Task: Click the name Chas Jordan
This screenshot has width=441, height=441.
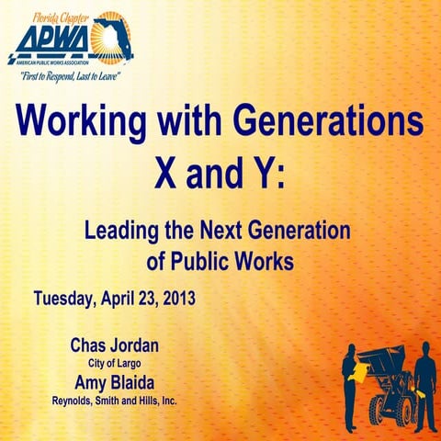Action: tap(114, 346)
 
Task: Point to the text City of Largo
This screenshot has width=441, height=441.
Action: tap(114, 364)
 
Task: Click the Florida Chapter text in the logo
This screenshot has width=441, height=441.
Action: tap(57, 16)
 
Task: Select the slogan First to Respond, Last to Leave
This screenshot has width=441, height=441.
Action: tap(67, 77)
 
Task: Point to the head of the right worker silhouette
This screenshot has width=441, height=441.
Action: tap(424, 350)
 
